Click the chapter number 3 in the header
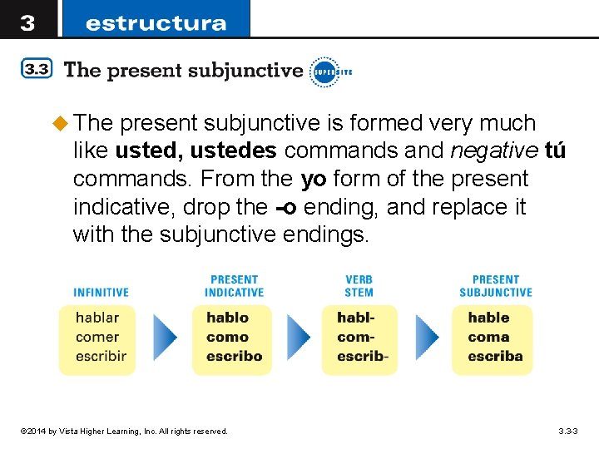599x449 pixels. coord(27,22)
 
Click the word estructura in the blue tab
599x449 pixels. coord(156,22)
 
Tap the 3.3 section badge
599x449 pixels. coord(37,70)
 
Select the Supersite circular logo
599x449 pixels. coord(324,72)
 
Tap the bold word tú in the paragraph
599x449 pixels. coord(554,151)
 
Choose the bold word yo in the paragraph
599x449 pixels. coord(314,179)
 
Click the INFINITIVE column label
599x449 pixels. coord(101,293)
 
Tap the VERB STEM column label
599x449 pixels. coord(359,286)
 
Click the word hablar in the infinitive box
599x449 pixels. coord(97,317)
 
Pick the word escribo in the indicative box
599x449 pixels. coord(234,356)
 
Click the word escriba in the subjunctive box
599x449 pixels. coord(495,356)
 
